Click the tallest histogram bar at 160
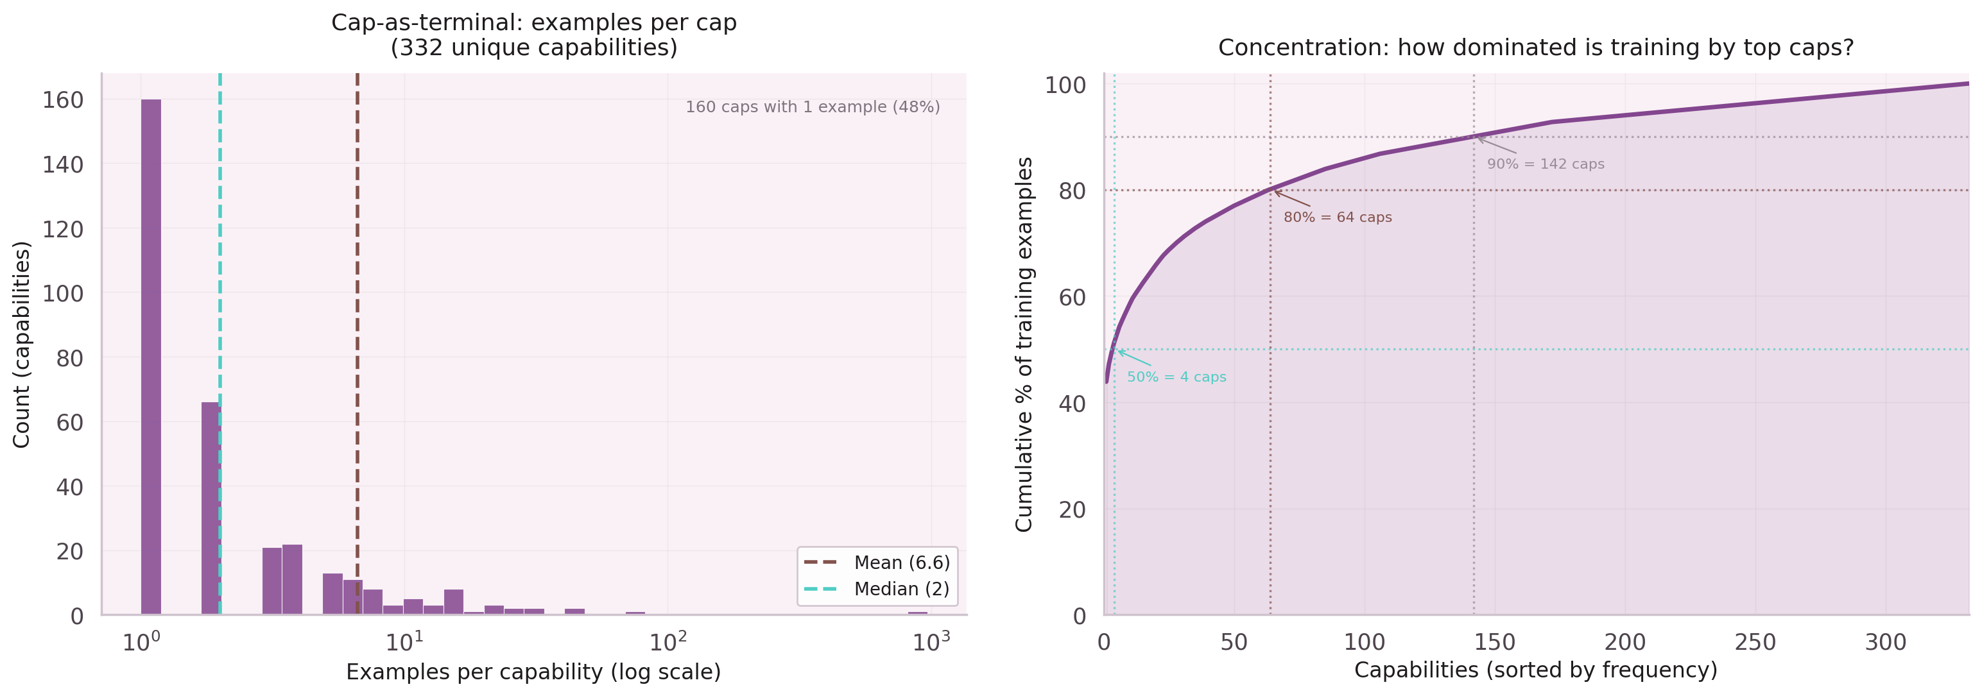coord(151,357)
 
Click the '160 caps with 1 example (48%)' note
coord(813,107)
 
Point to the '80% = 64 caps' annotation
coord(1337,217)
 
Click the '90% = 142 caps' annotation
coord(1545,164)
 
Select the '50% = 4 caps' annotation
coord(1176,377)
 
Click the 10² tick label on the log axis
coord(667,641)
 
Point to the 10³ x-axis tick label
coord(930,641)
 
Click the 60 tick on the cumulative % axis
coord(1072,297)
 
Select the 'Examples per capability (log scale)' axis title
coord(533,672)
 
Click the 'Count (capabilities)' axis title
coord(22,344)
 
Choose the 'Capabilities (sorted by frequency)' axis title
coord(1536,670)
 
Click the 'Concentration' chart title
coord(1536,47)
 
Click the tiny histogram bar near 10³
coord(917,613)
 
